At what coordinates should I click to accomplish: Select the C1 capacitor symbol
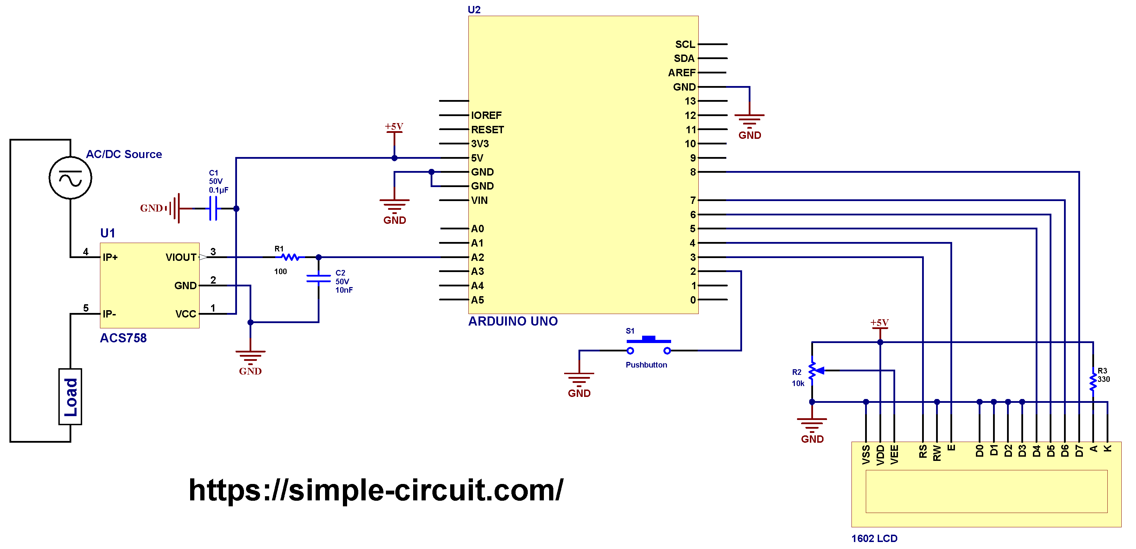pos(213,208)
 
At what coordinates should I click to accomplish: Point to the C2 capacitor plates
pos(318,278)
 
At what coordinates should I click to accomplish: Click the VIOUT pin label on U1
pos(181,257)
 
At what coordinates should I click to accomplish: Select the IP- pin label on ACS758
pos(109,314)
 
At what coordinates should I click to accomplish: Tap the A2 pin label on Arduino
pos(477,257)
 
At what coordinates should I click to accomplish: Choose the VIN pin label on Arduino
pos(479,200)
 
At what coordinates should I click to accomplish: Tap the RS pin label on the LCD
pos(922,451)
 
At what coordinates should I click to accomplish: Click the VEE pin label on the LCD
pos(894,455)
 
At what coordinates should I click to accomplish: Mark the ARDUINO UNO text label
pos(513,321)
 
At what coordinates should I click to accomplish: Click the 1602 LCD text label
pos(874,539)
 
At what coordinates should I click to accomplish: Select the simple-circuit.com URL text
pos(376,490)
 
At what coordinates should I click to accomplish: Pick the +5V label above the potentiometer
pos(879,323)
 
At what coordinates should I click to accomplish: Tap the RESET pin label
pos(487,130)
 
